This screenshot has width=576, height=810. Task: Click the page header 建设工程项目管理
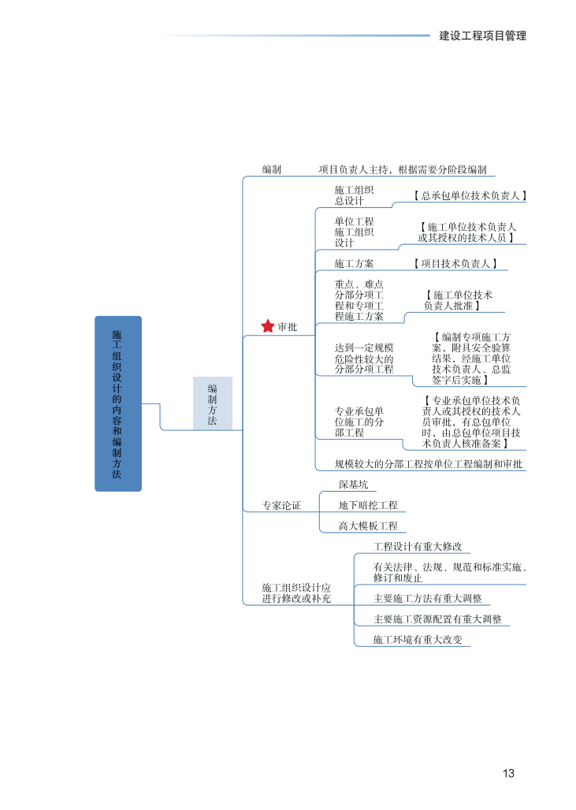click(x=482, y=35)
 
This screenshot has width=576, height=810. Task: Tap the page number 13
click(x=508, y=773)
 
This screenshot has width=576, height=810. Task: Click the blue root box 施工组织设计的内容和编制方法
click(x=118, y=403)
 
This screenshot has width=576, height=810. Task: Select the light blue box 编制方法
click(x=213, y=403)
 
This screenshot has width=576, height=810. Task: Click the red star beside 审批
click(x=268, y=326)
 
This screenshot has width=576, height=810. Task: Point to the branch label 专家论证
click(x=282, y=505)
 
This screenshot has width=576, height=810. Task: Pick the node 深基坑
click(x=353, y=485)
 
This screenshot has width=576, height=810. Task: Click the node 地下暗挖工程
click(x=368, y=505)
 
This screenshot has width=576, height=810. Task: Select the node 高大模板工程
click(x=368, y=526)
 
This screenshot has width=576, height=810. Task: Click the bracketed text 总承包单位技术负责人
click(x=470, y=195)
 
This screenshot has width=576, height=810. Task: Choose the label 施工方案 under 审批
click(x=354, y=263)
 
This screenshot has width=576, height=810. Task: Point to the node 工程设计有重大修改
click(x=418, y=546)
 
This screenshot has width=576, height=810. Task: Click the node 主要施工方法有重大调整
click(x=428, y=598)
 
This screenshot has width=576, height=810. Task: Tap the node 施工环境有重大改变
click(x=418, y=639)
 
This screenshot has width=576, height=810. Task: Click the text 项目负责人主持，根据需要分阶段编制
click(x=403, y=169)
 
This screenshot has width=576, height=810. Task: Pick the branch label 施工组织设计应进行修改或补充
click(x=296, y=593)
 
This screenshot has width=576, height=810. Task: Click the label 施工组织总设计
click(x=354, y=195)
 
